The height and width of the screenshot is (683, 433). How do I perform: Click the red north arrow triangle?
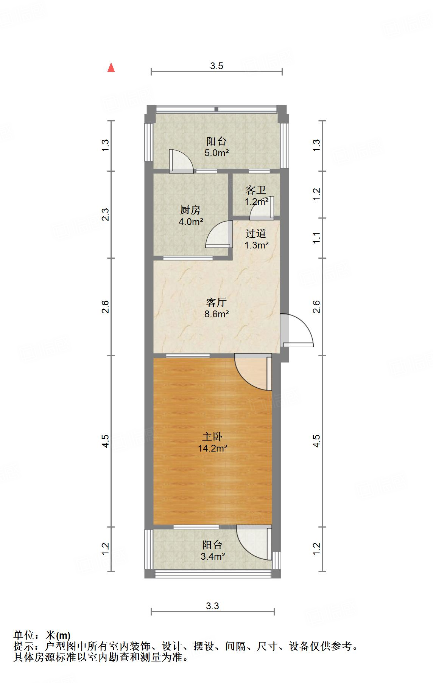click(111, 68)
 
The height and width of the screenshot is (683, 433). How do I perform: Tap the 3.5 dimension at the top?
click(216, 66)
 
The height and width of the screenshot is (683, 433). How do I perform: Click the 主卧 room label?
click(212, 437)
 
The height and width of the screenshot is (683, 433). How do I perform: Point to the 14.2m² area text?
click(212, 449)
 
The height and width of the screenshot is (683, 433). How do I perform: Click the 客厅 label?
click(216, 302)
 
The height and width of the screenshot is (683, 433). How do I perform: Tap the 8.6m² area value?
click(216, 314)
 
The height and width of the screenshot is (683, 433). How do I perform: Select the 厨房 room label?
click(190, 210)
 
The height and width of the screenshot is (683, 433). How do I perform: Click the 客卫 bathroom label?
click(256, 190)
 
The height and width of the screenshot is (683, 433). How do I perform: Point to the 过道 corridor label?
click(256, 233)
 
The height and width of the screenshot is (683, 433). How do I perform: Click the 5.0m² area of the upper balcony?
click(216, 153)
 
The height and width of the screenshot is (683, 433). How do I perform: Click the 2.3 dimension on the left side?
click(106, 214)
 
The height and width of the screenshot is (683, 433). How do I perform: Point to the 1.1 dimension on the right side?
click(317, 238)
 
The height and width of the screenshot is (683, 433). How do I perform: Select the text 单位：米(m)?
click(42, 635)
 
